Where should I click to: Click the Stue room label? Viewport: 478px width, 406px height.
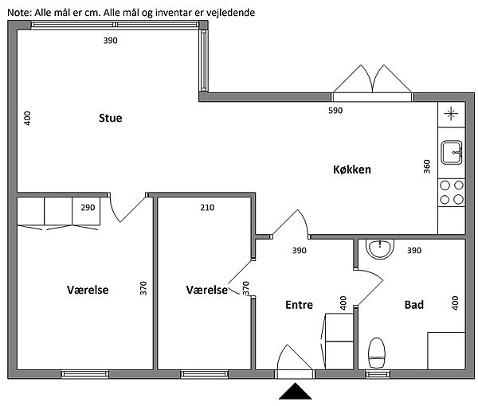coord(111,118)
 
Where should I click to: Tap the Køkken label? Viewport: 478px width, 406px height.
coord(352,170)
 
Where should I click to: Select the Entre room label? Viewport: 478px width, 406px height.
coord(299,305)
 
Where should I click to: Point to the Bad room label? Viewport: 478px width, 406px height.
coord(414,305)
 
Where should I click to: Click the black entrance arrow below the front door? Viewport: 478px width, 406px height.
coord(295,392)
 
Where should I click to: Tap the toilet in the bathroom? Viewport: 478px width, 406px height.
coord(377,353)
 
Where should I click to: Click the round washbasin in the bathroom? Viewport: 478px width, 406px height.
coord(380,248)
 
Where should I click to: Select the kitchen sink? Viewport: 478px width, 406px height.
coord(452,152)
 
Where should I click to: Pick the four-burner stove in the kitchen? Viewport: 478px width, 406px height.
coord(452,192)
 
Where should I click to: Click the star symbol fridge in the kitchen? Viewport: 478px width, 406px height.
coord(451,114)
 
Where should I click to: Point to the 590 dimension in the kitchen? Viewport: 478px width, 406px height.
coord(335,110)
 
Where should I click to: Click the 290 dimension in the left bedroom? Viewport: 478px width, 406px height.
coord(88,208)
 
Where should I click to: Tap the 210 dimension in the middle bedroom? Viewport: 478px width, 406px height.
coord(207,208)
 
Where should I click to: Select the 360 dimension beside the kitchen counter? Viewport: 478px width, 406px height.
coord(427,166)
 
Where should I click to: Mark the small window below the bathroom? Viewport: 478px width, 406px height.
coord(378,374)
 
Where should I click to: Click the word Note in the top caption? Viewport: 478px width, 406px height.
coord(19,13)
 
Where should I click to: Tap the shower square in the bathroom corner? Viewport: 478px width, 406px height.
coord(446,351)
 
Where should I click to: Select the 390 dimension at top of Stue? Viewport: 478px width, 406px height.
coord(111,41)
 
